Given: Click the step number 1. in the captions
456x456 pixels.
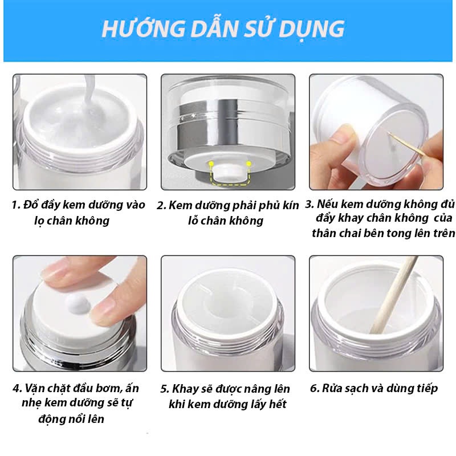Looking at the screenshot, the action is (x=16, y=205).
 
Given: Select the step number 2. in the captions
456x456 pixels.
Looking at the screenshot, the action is (x=161, y=205).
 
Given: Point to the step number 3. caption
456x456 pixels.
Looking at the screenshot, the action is (x=310, y=204).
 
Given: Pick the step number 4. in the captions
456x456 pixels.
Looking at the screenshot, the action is (x=17, y=389).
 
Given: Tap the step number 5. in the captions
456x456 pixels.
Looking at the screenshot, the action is (x=165, y=389).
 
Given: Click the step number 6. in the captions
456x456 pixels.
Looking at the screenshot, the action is (x=315, y=389).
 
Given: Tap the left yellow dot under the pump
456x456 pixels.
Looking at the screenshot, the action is (x=210, y=164).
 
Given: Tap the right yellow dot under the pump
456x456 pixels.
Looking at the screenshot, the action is (x=249, y=164).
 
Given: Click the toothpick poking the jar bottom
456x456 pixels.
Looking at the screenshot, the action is (x=406, y=145).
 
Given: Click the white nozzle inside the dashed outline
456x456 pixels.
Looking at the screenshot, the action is (x=229, y=173).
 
